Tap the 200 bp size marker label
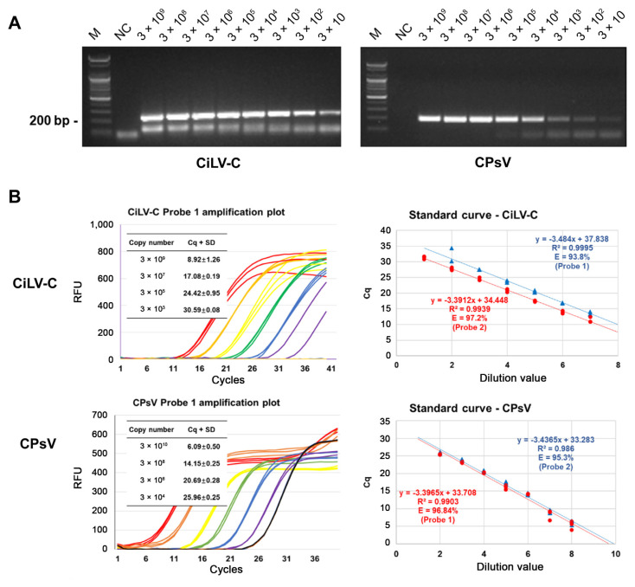tap(52, 120)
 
